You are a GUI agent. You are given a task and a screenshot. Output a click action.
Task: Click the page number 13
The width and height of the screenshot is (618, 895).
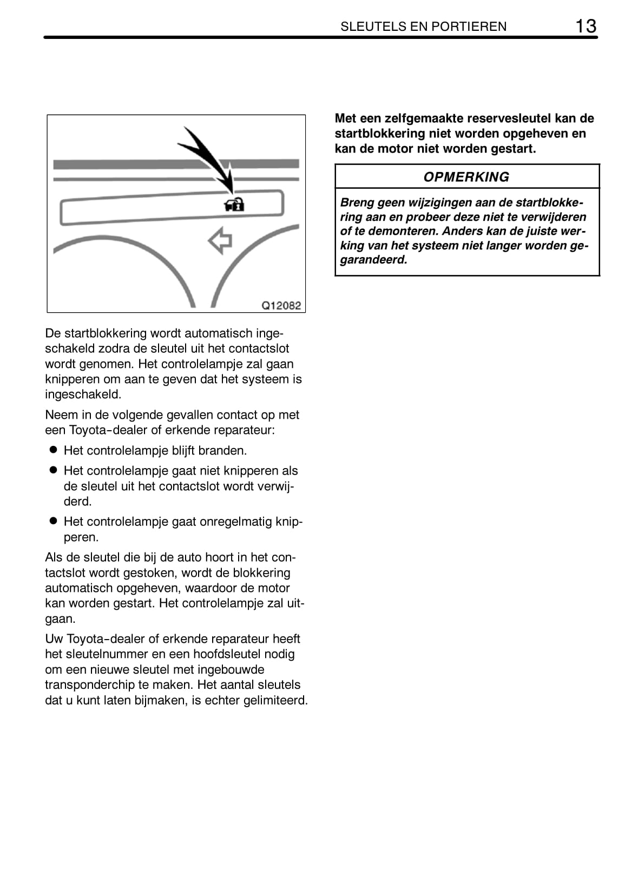(586, 26)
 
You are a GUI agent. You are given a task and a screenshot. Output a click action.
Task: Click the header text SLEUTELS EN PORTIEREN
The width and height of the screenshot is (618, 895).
(423, 27)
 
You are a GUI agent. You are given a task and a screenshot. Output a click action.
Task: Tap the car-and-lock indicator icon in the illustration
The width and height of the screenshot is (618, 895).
(234, 204)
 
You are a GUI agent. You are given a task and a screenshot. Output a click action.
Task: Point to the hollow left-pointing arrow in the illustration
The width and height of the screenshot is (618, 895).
(220, 240)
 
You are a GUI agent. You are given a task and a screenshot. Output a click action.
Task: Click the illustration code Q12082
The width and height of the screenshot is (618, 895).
(281, 305)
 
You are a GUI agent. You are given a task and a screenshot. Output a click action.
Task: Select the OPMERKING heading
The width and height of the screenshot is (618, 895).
(466, 177)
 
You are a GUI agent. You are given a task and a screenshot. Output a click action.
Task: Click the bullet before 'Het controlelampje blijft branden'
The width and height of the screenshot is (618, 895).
(53, 450)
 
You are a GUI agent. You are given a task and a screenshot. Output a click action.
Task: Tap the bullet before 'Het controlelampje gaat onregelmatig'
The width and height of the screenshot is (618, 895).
(53, 521)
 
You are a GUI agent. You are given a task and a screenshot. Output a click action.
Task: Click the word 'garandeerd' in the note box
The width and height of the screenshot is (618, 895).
(373, 260)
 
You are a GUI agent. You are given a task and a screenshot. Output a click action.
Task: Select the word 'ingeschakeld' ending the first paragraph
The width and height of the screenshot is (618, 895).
(83, 394)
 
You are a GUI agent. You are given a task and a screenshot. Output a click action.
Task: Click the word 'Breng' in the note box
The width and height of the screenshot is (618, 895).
(357, 203)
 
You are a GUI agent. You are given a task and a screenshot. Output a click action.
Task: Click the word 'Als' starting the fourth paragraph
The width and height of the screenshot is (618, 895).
(54, 557)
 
